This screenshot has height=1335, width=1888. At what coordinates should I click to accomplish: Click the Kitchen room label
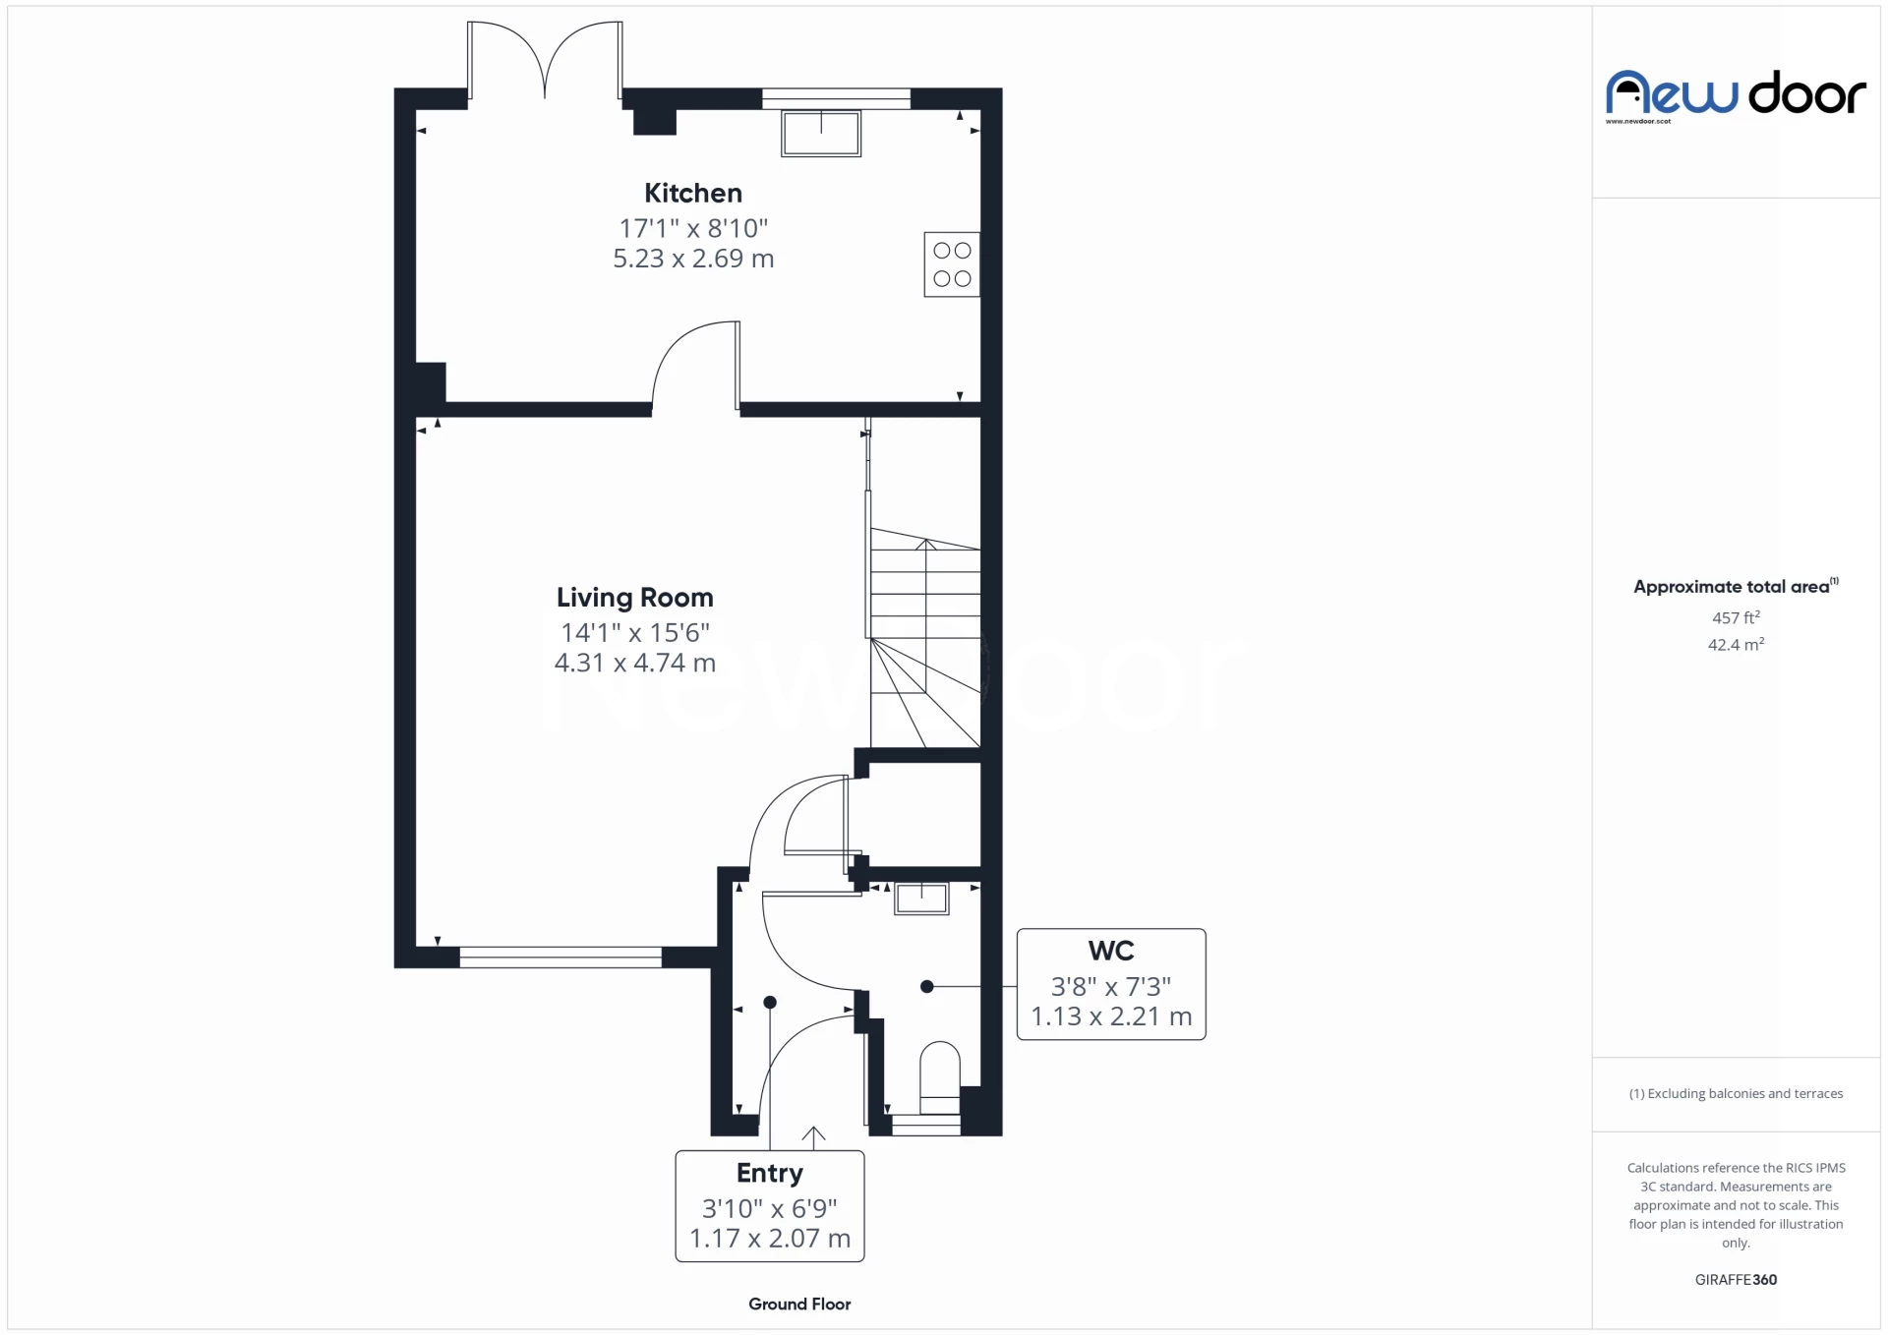click(x=692, y=193)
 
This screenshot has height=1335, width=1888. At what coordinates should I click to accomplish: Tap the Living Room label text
click(x=634, y=597)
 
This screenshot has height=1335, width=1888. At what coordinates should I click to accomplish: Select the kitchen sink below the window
click(x=821, y=133)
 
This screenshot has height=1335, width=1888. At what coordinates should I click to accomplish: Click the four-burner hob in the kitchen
click(x=951, y=264)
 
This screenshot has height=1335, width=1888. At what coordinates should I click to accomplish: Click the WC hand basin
click(x=921, y=899)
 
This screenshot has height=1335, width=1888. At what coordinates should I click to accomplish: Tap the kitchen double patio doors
click(x=545, y=61)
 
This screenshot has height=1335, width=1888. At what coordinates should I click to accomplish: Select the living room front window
click(x=560, y=957)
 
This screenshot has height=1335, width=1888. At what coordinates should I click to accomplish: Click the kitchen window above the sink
click(x=836, y=97)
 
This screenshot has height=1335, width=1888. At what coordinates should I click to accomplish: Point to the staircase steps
click(x=925, y=590)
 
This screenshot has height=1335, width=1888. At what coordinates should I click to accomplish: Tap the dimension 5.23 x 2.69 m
click(x=693, y=259)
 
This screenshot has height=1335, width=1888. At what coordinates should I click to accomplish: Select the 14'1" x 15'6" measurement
click(x=634, y=632)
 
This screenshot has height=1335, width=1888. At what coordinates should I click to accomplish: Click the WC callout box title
click(x=1110, y=951)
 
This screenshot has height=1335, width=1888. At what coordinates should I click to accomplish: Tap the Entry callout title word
click(x=769, y=1173)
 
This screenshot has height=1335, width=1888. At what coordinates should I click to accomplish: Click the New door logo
click(x=1736, y=94)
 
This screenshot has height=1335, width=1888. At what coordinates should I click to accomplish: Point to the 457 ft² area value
click(x=1736, y=617)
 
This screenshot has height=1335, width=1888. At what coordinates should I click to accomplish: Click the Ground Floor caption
click(x=798, y=1304)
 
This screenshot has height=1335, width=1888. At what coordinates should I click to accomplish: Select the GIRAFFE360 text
click(x=1736, y=1279)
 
